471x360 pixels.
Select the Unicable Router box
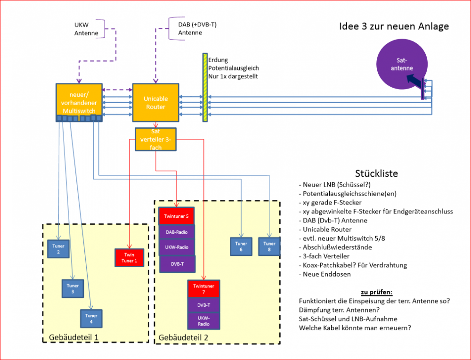(155, 103)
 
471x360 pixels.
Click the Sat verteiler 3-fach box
(155, 139)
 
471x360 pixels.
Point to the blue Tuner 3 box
(73, 288)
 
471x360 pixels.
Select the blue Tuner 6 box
(241, 246)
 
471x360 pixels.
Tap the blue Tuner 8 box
(269, 246)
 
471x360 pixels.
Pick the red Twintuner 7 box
(204, 289)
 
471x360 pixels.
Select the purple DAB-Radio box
(177, 232)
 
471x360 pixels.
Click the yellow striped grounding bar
(205, 88)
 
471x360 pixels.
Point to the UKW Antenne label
(86, 29)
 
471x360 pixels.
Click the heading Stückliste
(376, 173)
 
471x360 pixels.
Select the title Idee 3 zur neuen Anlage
(394, 26)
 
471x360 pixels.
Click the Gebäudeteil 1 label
(74, 337)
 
